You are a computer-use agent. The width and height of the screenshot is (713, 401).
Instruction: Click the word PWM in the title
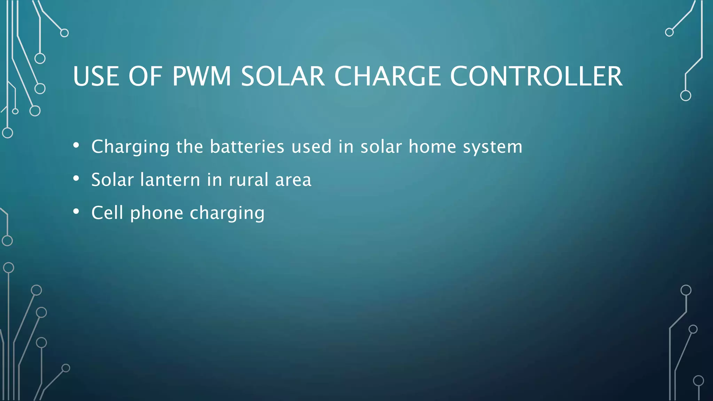point(202,76)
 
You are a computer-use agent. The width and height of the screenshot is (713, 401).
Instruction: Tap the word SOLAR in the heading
point(283,76)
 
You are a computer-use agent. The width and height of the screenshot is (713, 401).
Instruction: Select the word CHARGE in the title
point(388,76)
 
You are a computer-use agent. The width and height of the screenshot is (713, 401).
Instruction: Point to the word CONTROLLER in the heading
point(536,76)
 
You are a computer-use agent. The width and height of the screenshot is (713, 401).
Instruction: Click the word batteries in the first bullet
point(247,147)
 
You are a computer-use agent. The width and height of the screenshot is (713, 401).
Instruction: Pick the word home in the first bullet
point(432,147)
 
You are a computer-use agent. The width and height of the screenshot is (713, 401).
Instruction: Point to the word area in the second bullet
point(293,180)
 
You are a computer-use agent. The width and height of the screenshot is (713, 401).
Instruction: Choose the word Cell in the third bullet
point(107,213)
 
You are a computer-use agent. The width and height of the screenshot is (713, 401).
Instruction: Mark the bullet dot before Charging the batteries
point(76,146)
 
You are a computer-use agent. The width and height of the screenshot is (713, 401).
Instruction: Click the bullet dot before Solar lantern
point(76,179)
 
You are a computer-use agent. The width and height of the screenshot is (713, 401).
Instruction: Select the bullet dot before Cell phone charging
point(76,212)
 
